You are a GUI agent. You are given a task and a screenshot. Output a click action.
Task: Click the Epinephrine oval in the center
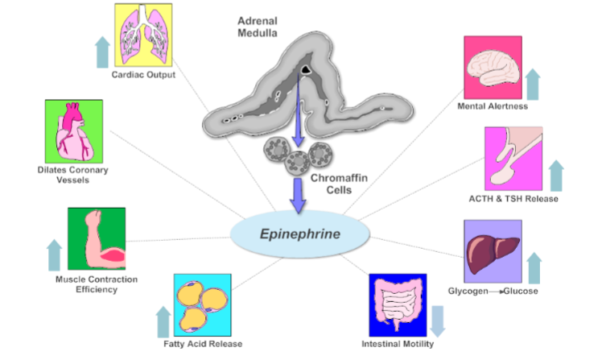299,234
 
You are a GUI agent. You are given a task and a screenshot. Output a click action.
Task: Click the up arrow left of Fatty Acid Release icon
163,322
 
